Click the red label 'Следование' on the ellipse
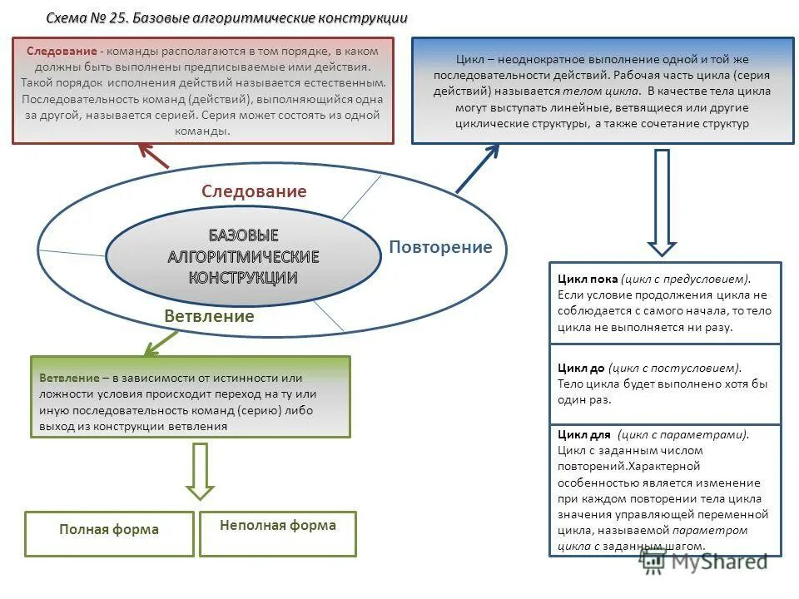pos(254,191)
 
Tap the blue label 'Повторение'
pos(440,247)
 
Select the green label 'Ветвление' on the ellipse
pos(209,316)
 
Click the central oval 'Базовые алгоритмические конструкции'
pos(242,256)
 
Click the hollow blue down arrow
pos(663,201)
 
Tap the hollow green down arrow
pos(200,471)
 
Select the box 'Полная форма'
pos(109,530)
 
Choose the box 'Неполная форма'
pos(278,526)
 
